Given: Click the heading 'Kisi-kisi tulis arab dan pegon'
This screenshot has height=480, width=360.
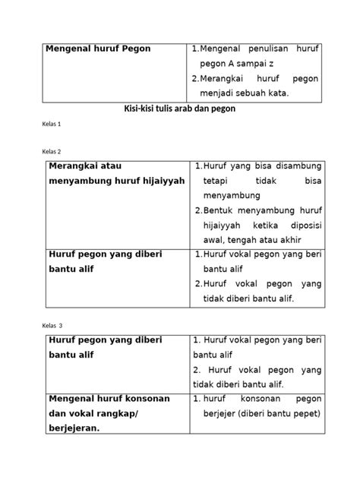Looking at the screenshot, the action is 180,108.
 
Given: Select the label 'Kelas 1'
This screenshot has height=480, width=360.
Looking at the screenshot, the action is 47,123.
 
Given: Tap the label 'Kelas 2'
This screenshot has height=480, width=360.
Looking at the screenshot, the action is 47,151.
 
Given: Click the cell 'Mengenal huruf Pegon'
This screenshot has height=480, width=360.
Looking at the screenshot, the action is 99,49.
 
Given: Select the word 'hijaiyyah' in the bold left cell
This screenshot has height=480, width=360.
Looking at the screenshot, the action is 156,182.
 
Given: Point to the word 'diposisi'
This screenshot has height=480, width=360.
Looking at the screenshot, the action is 301,226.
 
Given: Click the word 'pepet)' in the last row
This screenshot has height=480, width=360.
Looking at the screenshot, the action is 305,412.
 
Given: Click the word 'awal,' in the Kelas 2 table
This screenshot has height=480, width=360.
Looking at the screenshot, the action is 216,242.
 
